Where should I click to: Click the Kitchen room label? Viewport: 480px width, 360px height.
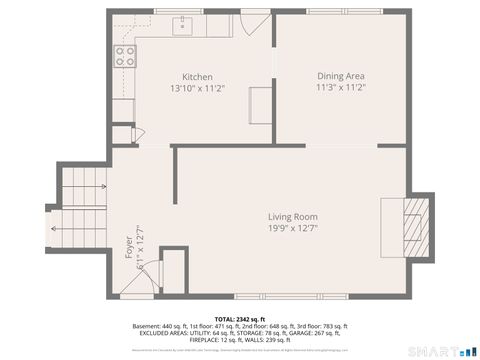pos(197,77)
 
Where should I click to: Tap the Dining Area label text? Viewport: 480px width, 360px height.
pos(340,76)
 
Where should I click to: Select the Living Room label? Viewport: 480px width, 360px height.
pos(292,217)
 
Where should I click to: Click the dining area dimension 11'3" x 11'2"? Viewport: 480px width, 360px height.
pos(340,88)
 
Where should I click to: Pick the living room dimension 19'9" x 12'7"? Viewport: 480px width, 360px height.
pos(292,229)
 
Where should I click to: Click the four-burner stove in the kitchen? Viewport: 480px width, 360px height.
pos(125,56)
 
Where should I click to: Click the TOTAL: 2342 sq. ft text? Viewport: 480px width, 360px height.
pos(239,318)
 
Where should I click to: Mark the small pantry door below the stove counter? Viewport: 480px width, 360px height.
pos(123,134)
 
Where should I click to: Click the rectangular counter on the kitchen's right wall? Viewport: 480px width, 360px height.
pos(260,103)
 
